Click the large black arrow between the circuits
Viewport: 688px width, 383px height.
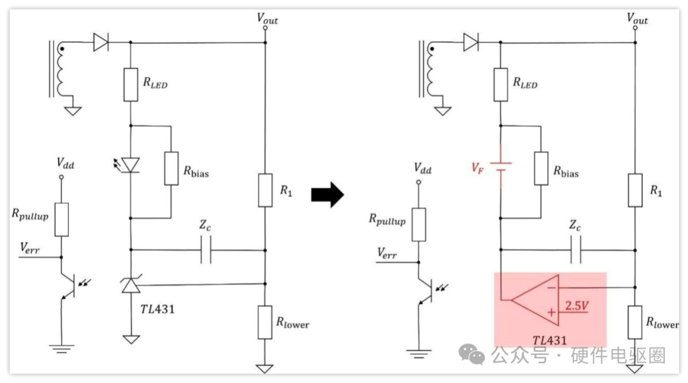pos(327,194)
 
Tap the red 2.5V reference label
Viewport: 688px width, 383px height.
pos(577,305)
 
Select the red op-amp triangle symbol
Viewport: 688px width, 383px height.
pos(535,301)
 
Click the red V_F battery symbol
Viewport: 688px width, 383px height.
pos(501,167)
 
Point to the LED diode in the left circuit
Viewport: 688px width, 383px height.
pos(131,166)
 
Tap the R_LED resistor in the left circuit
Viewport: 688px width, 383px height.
pos(131,85)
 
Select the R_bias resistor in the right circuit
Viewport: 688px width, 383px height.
pos(541,168)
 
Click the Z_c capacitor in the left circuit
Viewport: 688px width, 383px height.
pos(206,250)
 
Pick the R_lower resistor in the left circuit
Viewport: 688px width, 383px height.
pos(264,322)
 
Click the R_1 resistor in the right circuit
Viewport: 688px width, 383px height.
pos(635,190)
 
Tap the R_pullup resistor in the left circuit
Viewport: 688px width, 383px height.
pos(61,219)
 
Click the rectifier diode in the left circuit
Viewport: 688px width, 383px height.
pos(101,42)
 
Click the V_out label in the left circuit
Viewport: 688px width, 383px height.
pos(267,18)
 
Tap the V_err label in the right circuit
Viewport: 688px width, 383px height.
pos(387,253)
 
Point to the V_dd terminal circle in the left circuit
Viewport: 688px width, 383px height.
pos(61,177)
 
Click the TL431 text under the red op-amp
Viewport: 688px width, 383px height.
pos(549,340)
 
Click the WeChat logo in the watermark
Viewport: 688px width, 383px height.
pos(471,354)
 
